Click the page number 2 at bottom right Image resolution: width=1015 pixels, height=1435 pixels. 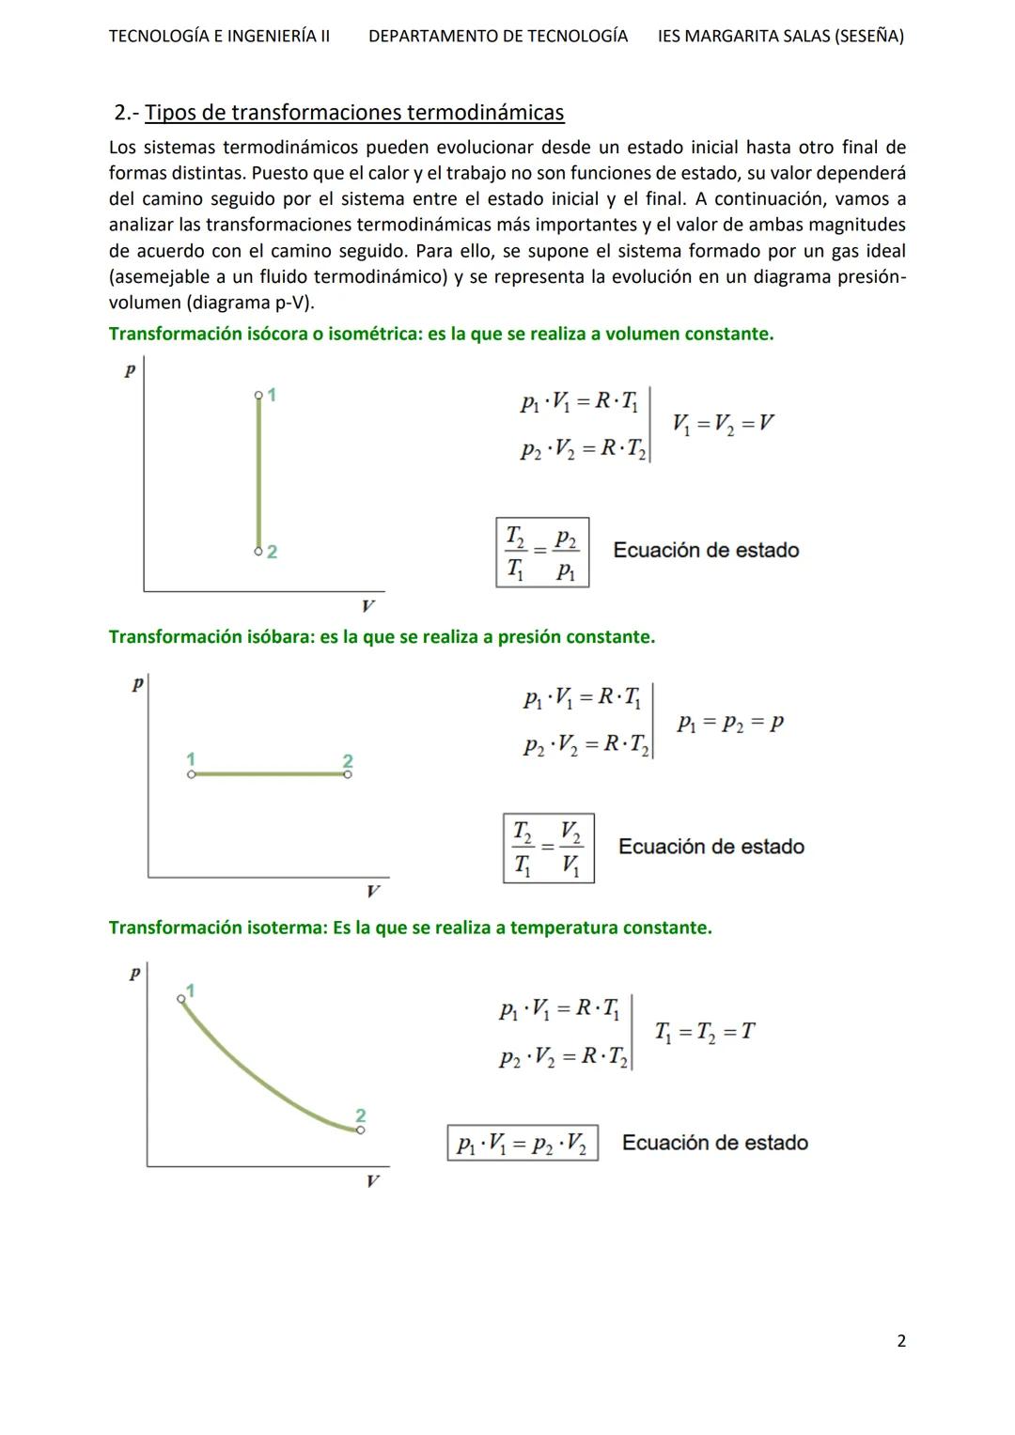901,1341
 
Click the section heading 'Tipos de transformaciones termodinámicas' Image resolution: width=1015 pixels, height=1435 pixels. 354,113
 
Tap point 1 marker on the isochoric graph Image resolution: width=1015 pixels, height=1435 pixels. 258,396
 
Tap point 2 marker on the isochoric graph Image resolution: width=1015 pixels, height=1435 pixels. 258,551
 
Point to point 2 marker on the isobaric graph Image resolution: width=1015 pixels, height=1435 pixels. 348,774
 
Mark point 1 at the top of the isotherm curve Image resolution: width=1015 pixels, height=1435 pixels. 182,999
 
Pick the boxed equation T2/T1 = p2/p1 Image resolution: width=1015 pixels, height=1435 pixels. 542,553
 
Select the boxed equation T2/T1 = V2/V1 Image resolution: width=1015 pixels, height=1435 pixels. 548,848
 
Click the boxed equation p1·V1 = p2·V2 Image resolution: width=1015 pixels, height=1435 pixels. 522,1144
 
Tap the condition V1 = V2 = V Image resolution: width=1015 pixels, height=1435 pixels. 723,423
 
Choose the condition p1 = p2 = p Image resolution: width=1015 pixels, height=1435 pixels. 729,723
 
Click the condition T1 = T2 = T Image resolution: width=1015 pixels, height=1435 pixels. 704,1031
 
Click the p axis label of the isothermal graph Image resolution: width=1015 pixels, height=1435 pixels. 134,974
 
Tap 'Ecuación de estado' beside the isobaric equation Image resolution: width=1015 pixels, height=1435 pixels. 710,847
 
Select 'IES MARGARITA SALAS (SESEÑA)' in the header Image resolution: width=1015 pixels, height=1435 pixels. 780,37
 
